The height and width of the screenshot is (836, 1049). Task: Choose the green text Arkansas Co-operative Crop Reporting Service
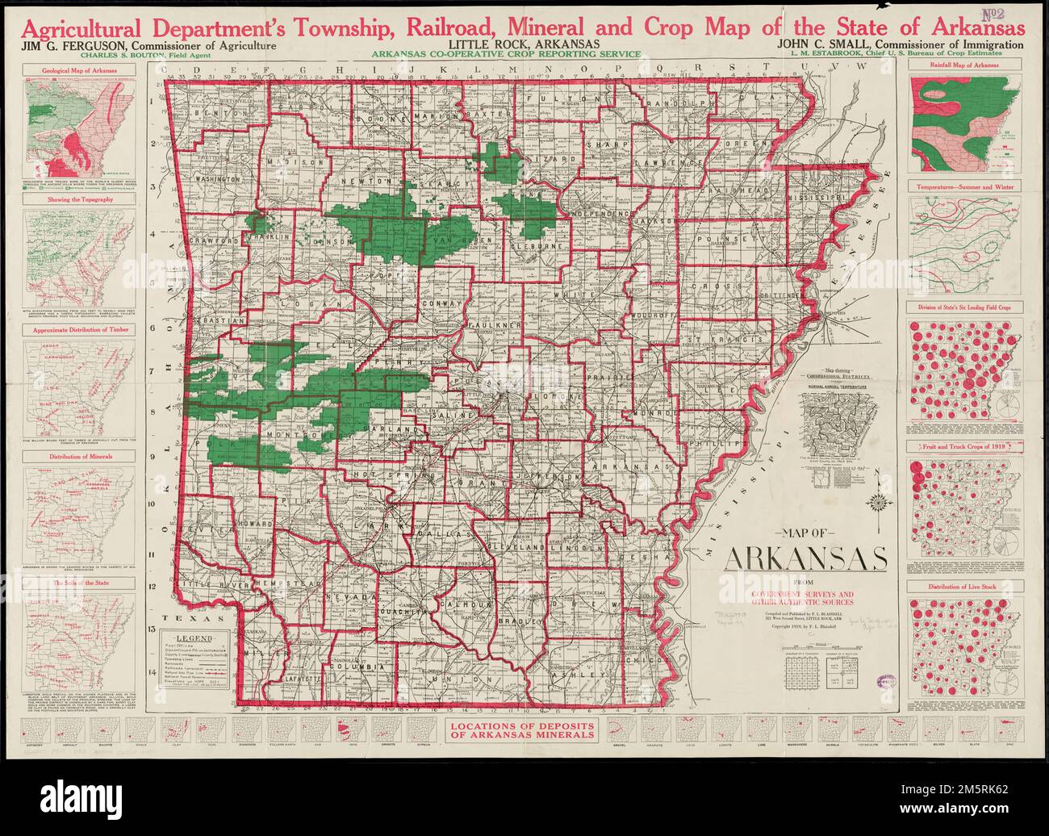506,54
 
